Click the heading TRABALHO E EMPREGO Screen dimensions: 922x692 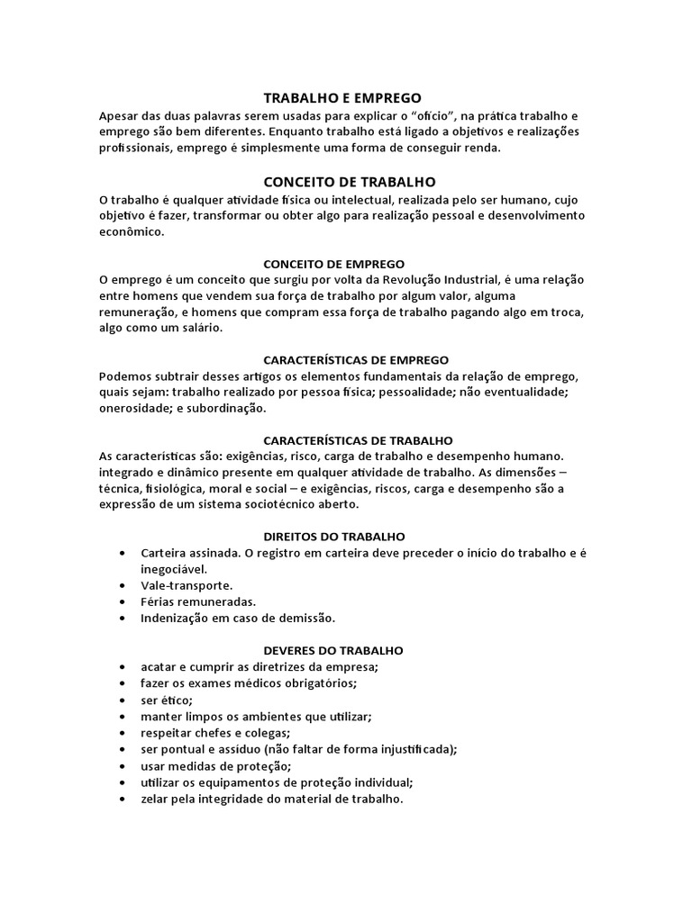(341, 97)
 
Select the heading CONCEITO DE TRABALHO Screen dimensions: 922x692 (349, 181)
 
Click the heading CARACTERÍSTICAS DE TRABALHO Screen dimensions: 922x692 (358, 440)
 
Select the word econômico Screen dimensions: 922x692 (132, 230)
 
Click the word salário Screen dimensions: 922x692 (194, 328)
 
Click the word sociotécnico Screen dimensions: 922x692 (291, 505)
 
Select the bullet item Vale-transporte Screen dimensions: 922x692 (187, 585)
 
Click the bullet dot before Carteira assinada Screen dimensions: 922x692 (122, 553)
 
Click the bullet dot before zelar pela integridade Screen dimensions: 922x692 (122, 798)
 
